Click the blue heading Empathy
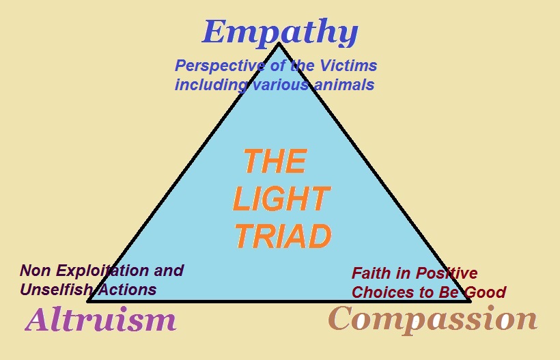[x=280, y=32]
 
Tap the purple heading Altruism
[x=101, y=319]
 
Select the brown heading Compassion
[x=433, y=319]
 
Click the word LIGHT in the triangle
[x=281, y=199]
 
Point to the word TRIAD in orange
[x=283, y=236]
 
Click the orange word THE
[x=275, y=162]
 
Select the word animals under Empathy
[x=337, y=85]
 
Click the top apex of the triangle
[x=279, y=44]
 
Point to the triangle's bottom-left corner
[x=89, y=301]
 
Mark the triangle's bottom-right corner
[x=470, y=300]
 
